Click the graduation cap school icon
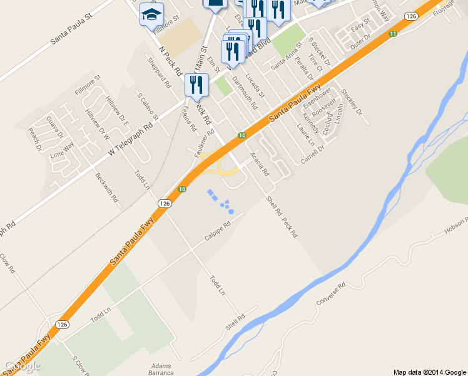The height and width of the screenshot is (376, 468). pos(151,14)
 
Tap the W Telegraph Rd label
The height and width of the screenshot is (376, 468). pos(130,133)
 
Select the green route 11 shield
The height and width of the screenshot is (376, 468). pos(393,33)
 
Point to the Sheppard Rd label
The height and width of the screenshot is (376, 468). pos(158,73)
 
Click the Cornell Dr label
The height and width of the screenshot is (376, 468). pos(312,154)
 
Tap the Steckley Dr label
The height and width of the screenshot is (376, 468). pos(352,102)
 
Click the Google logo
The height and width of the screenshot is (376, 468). pos(21,366)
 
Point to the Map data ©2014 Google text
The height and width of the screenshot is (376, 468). pos(430,372)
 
